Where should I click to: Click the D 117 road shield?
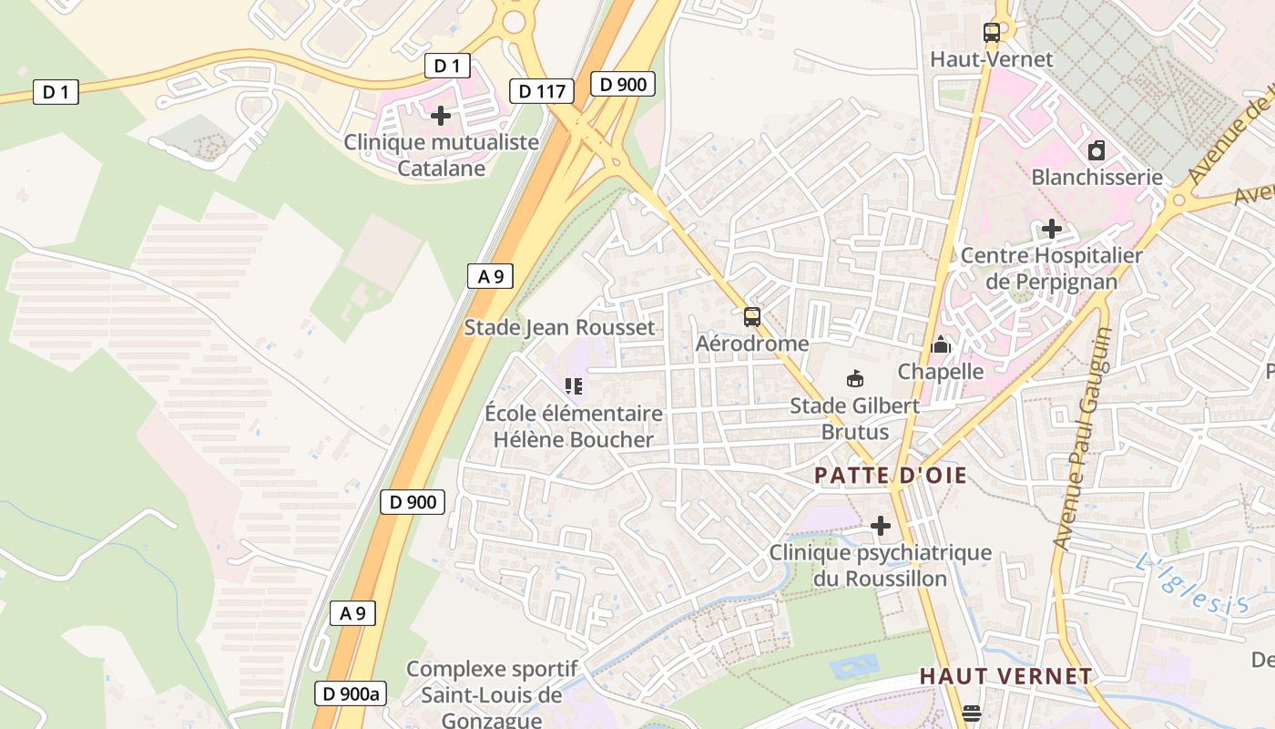(x=543, y=91)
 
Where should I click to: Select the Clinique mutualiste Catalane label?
(x=441, y=155)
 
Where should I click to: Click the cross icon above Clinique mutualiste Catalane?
(x=441, y=116)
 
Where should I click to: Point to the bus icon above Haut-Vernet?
(x=992, y=33)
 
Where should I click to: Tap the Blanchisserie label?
(x=1096, y=177)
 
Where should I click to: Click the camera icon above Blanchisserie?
(x=1096, y=150)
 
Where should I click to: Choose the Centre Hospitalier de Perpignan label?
(x=1051, y=268)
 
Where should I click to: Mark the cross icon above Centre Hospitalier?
(x=1052, y=228)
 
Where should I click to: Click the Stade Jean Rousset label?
(x=559, y=327)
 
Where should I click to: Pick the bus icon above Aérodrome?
(x=752, y=317)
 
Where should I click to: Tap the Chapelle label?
(x=941, y=371)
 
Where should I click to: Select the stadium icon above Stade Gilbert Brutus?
(x=854, y=378)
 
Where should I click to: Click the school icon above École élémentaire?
(x=573, y=386)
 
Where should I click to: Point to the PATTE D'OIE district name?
(x=890, y=476)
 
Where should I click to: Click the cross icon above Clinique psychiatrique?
(x=881, y=526)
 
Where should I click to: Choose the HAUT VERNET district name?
(x=1005, y=676)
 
